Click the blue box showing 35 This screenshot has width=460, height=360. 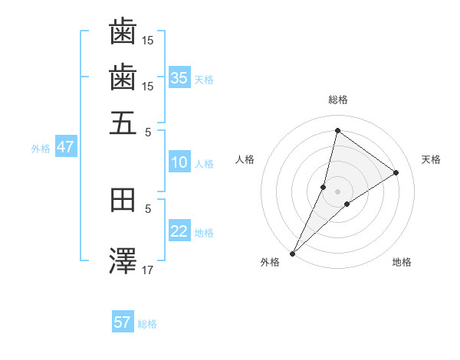point(179,77)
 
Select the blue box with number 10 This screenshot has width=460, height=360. point(179,162)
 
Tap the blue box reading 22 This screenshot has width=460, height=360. point(179,232)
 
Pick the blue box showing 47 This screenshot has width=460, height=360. point(65,148)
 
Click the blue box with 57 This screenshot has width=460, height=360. point(123,322)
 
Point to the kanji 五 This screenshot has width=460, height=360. point(123,123)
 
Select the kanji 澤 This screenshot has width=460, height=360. point(123,260)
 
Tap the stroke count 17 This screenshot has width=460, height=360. point(149,269)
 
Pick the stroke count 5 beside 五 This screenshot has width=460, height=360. point(149,131)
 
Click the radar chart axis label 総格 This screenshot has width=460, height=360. point(337,100)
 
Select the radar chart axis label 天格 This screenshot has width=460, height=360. point(431,159)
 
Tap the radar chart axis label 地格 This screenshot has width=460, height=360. point(402,263)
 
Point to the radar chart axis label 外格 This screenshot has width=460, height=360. point(270,263)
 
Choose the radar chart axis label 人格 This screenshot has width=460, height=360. point(245,159)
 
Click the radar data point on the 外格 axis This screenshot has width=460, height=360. point(292,254)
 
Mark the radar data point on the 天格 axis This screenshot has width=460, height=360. point(396,172)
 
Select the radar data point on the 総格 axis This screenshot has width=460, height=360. point(337,129)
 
